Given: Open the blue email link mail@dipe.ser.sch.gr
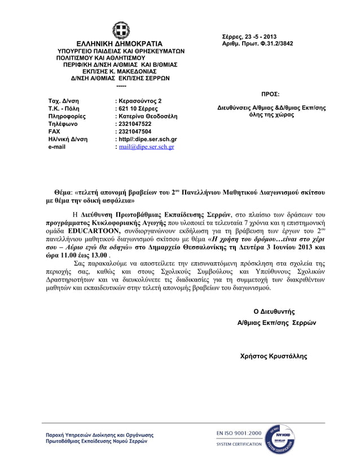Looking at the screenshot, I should coord(146,147).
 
